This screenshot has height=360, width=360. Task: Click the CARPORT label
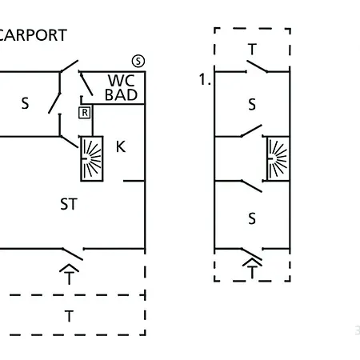click(x=32, y=35)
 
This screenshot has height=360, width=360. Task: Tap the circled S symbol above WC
click(x=138, y=61)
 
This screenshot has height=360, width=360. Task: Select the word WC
click(x=121, y=80)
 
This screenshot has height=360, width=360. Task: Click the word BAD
click(x=121, y=94)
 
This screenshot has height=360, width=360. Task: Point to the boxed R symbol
click(x=85, y=113)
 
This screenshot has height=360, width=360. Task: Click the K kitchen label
click(x=121, y=146)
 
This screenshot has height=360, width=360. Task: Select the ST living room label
click(x=69, y=204)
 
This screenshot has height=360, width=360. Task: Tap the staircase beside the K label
click(x=92, y=158)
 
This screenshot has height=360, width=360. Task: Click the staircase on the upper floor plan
click(x=278, y=158)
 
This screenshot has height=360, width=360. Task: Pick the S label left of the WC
click(x=25, y=103)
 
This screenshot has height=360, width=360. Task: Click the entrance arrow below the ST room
click(x=69, y=274)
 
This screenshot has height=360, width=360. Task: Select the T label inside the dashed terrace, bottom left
click(x=69, y=316)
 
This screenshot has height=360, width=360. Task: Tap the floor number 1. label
click(x=205, y=79)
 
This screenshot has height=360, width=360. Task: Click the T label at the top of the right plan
click(x=252, y=49)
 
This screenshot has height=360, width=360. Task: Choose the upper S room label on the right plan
click(x=252, y=104)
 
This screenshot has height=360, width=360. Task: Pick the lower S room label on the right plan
click(x=252, y=218)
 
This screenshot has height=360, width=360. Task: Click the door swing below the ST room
click(x=73, y=254)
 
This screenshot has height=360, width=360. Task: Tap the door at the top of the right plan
click(x=257, y=66)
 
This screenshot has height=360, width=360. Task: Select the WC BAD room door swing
click(x=86, y=83)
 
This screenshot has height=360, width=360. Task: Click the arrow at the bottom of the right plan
click(x=252, y=269)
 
